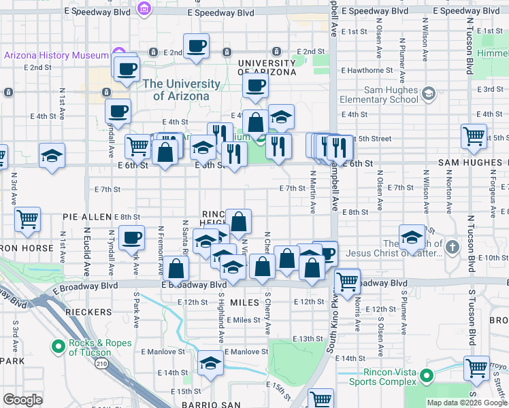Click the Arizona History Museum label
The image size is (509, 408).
[x=56, y=55]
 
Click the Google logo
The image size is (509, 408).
[x=22, y=400]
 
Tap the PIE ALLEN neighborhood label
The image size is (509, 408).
[x=86, y=216]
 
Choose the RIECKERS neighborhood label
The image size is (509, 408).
[x=88, y=311]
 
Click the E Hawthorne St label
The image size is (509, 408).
[x=367, y=70]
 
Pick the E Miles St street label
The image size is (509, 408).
[x=244, y=320]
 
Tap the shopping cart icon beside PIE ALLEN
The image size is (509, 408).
[x=28, y=219]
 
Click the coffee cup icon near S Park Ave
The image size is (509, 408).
[x=131, y=237]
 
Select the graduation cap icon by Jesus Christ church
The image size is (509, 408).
[x=412, y=237]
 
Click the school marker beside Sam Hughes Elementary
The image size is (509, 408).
[x=428, y=93]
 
